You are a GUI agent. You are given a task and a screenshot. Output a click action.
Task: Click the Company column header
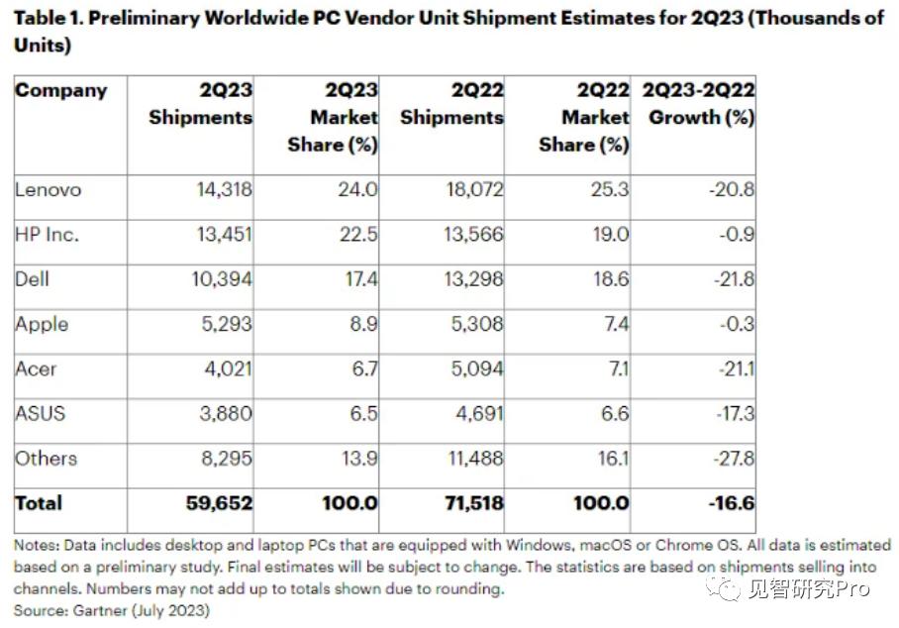click(x=60, y=91)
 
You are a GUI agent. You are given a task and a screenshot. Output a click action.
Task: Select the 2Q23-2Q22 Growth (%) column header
click(x=698, y=104)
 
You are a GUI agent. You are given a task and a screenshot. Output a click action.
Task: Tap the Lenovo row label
click(x=49, y=190)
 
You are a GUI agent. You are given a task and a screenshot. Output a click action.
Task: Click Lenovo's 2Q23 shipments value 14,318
click(x=224, y=190)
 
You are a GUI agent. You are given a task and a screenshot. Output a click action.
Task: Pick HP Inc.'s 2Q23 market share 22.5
click(x=358, y=235)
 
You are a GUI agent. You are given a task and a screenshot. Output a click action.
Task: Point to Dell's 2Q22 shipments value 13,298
click(x=473, y=279)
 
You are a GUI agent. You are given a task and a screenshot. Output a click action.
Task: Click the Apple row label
click(x=42, y=325)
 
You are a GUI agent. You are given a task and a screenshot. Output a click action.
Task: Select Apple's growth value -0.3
click(x=738, y=324)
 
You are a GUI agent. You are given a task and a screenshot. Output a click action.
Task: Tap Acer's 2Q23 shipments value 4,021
click(x=228, y=368)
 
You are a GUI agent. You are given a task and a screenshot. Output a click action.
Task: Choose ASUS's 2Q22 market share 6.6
click(x=615, y=413)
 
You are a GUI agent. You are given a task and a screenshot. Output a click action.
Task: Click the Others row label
click(x=46, y=459)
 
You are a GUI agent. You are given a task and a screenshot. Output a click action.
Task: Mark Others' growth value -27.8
click(x=734, y=459)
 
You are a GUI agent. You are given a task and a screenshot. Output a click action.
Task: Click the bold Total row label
click(x=39, y=503)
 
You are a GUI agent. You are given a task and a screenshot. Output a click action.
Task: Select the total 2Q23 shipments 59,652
click(x=219, y=503)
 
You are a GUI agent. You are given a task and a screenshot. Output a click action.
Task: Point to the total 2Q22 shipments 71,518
click(x=474, y=503)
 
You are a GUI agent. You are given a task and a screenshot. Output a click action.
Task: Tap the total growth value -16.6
click(x=732, y=503)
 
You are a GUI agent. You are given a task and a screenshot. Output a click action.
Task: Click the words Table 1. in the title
click(x=49, y=19)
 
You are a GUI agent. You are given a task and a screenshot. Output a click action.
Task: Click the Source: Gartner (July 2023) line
click(x=112, y=610)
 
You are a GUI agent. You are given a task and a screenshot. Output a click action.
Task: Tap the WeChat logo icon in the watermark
click(x=724, y=587)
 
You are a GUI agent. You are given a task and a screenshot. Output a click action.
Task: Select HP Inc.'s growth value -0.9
click(x=738, y=235)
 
